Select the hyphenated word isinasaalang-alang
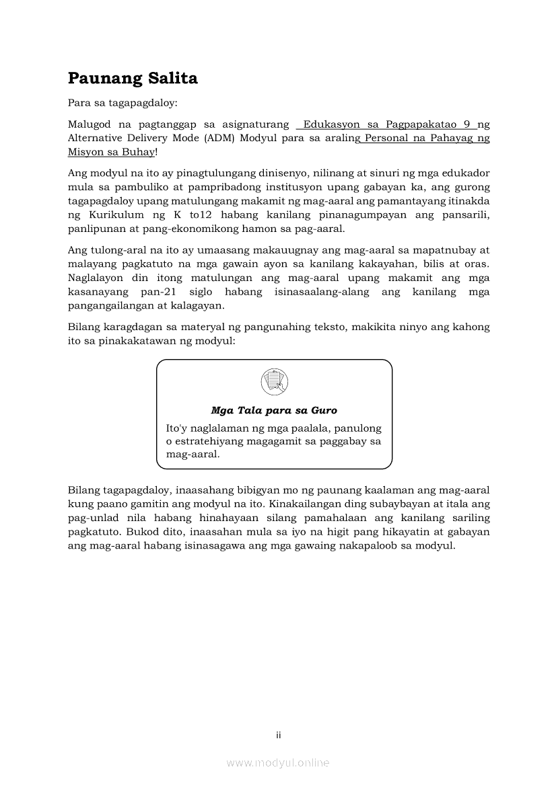[320, 292]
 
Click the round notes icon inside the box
[274, 382]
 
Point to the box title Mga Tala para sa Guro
[274, 410]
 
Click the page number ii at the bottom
[278, 736]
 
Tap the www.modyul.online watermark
[278, 763]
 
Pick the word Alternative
[98, 139]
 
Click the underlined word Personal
[386, 139]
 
